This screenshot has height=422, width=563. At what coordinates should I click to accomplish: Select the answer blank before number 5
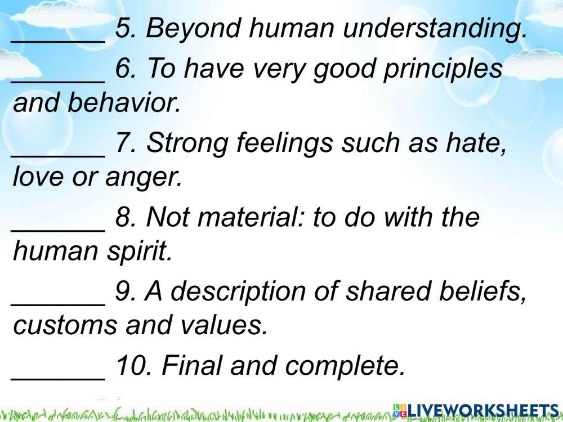pyautogui.click(x=59, y=34)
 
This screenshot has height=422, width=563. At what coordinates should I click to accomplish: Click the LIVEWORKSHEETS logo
pyautogui.click(x=476, y=410)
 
